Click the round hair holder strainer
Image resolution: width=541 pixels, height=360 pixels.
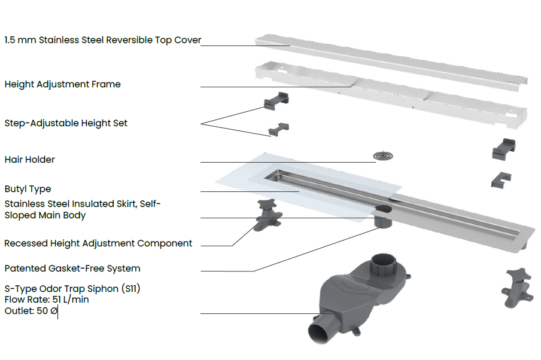click(383, 157)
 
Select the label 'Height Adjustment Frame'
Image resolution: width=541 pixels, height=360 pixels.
click(62, 84)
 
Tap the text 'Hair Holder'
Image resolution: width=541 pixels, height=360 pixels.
click(29, 160)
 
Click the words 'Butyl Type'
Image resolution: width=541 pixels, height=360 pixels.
click(28, 189)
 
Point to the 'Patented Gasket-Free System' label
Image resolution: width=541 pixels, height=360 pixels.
click(72, 269)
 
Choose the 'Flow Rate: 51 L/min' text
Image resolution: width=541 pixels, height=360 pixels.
click(47, 299)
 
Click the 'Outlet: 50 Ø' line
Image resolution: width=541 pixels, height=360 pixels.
click(31, 310)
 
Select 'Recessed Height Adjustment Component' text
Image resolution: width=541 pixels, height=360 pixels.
click(98, 243)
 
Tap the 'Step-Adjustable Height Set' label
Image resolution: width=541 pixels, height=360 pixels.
click(66, 123)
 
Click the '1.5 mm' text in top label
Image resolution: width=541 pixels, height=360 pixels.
click(17, 41)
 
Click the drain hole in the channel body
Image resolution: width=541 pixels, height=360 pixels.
click(382, 209)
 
